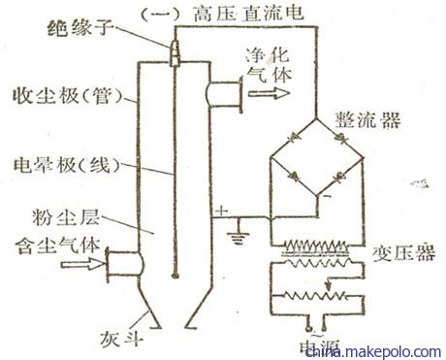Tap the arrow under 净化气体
pyautogui.click(x=267, y=94)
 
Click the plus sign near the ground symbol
pyautogui.click(x=225, y=210)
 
